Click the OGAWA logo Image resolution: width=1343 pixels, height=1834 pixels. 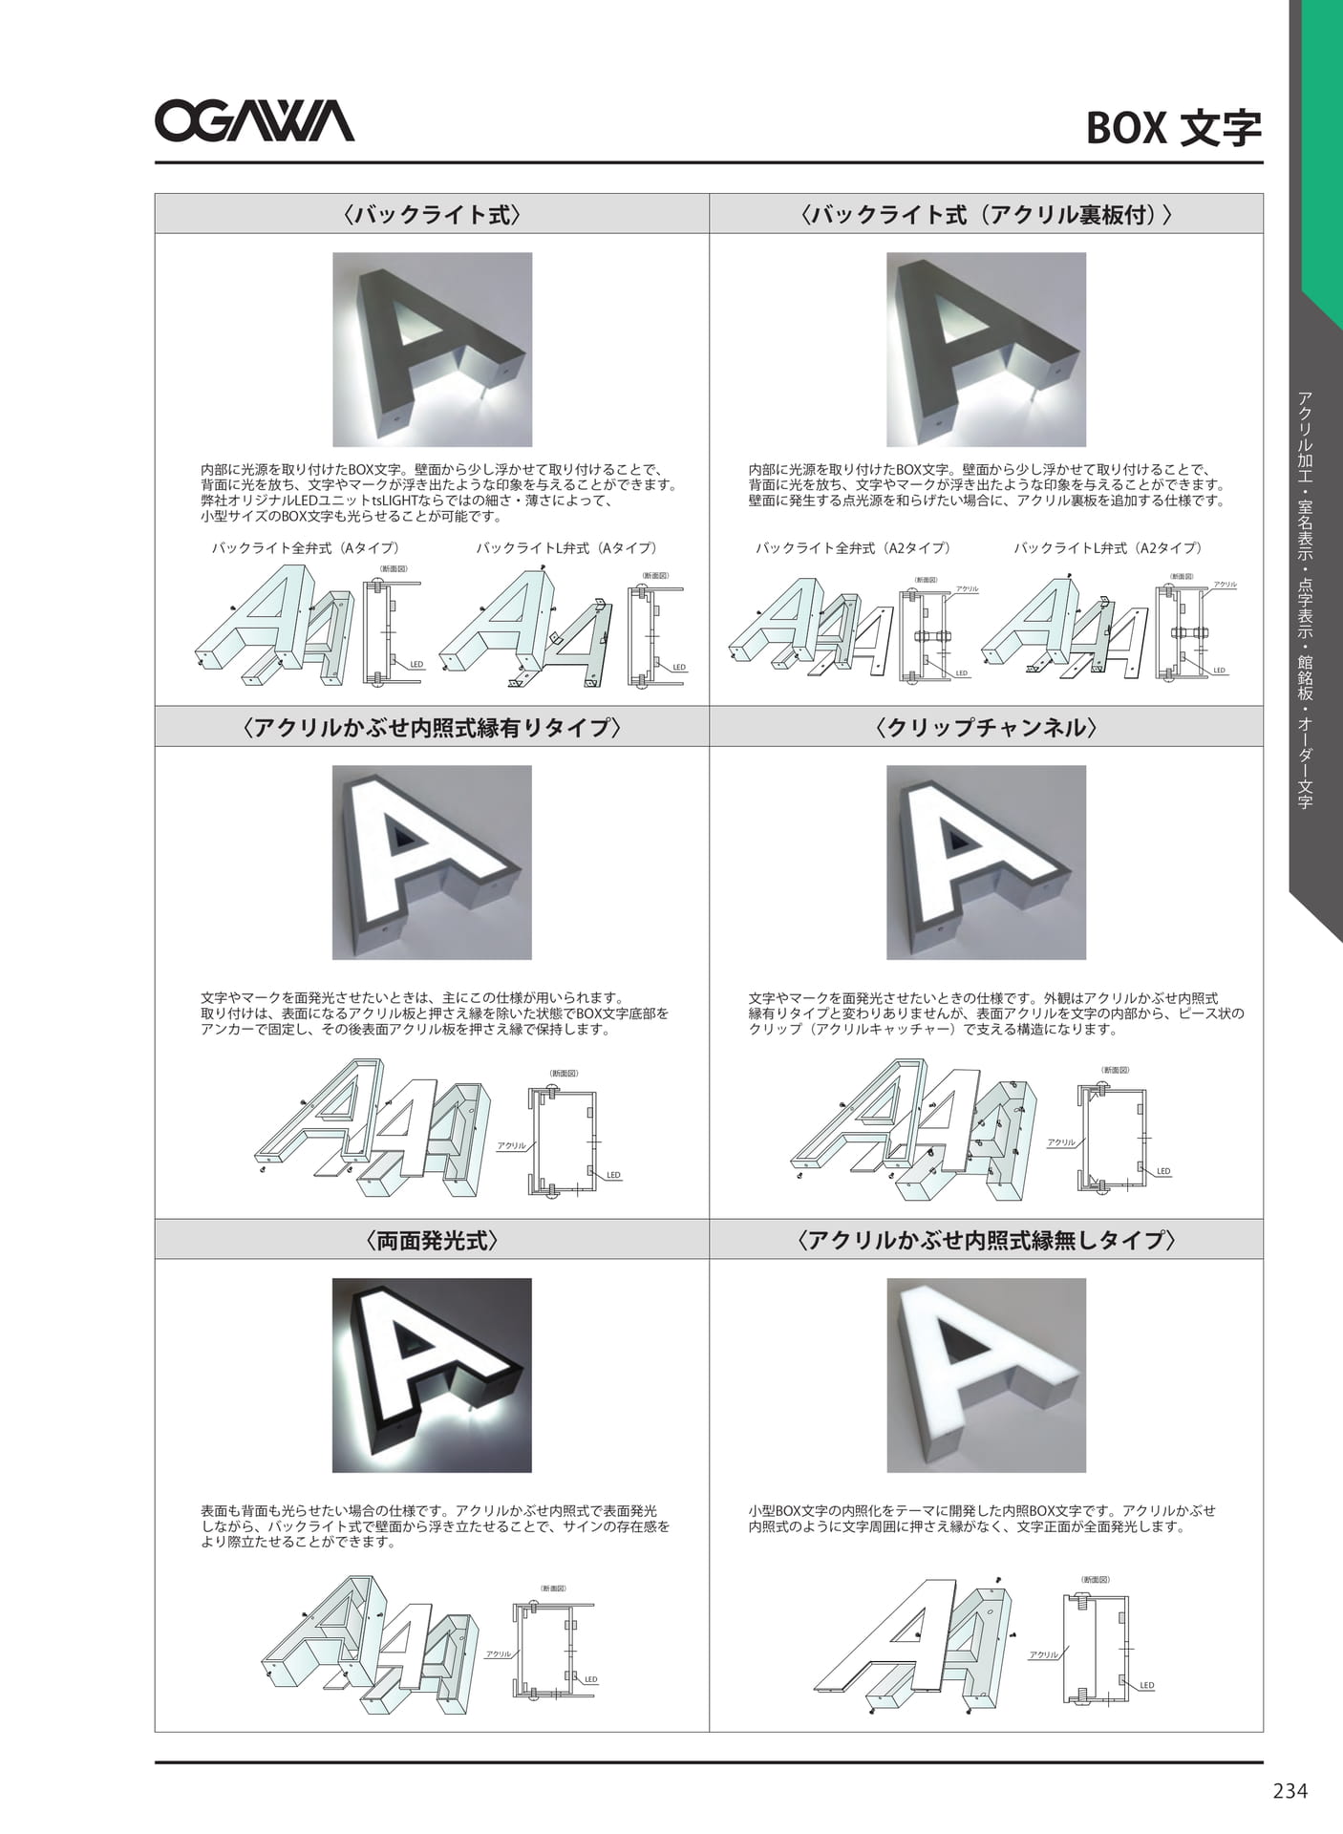(x=254, y=122)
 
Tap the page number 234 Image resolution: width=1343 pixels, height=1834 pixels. (x=1290, y=1790)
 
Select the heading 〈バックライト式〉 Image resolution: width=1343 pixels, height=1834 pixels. (x=432, y=214)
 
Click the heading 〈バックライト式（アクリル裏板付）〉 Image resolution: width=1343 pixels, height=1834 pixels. (x=986, y=214)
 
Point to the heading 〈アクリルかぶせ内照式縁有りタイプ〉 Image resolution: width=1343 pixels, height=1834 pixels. (x=432, y=727)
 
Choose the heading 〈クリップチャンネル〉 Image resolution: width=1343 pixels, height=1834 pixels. (x=986, y=727)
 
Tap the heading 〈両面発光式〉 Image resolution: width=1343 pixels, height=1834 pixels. (x=432, y=1240)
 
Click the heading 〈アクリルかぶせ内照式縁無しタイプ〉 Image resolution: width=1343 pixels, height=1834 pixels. (x=986, y=1240)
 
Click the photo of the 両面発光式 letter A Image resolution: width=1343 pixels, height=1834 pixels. (x=432, y=1375)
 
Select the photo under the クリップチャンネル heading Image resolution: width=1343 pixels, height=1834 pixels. (x=986, y=863)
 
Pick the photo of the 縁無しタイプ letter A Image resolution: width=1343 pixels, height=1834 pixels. (x=986, y=1375)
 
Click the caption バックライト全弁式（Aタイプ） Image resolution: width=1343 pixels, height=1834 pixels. (x=306, y=548)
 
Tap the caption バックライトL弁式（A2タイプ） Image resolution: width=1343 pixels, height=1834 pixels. (x=1108, y=548)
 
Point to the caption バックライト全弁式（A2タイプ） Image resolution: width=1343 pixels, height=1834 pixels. (x=853, y=548)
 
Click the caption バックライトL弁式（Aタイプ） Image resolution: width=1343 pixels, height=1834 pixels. (x=566, y=548)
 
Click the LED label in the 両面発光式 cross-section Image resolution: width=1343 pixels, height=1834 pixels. (x=591, y=1679)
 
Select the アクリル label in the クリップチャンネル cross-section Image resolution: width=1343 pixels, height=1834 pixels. (x=1061, y=1142)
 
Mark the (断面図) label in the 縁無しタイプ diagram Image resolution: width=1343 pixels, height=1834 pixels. (x=1095, y=1580)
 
